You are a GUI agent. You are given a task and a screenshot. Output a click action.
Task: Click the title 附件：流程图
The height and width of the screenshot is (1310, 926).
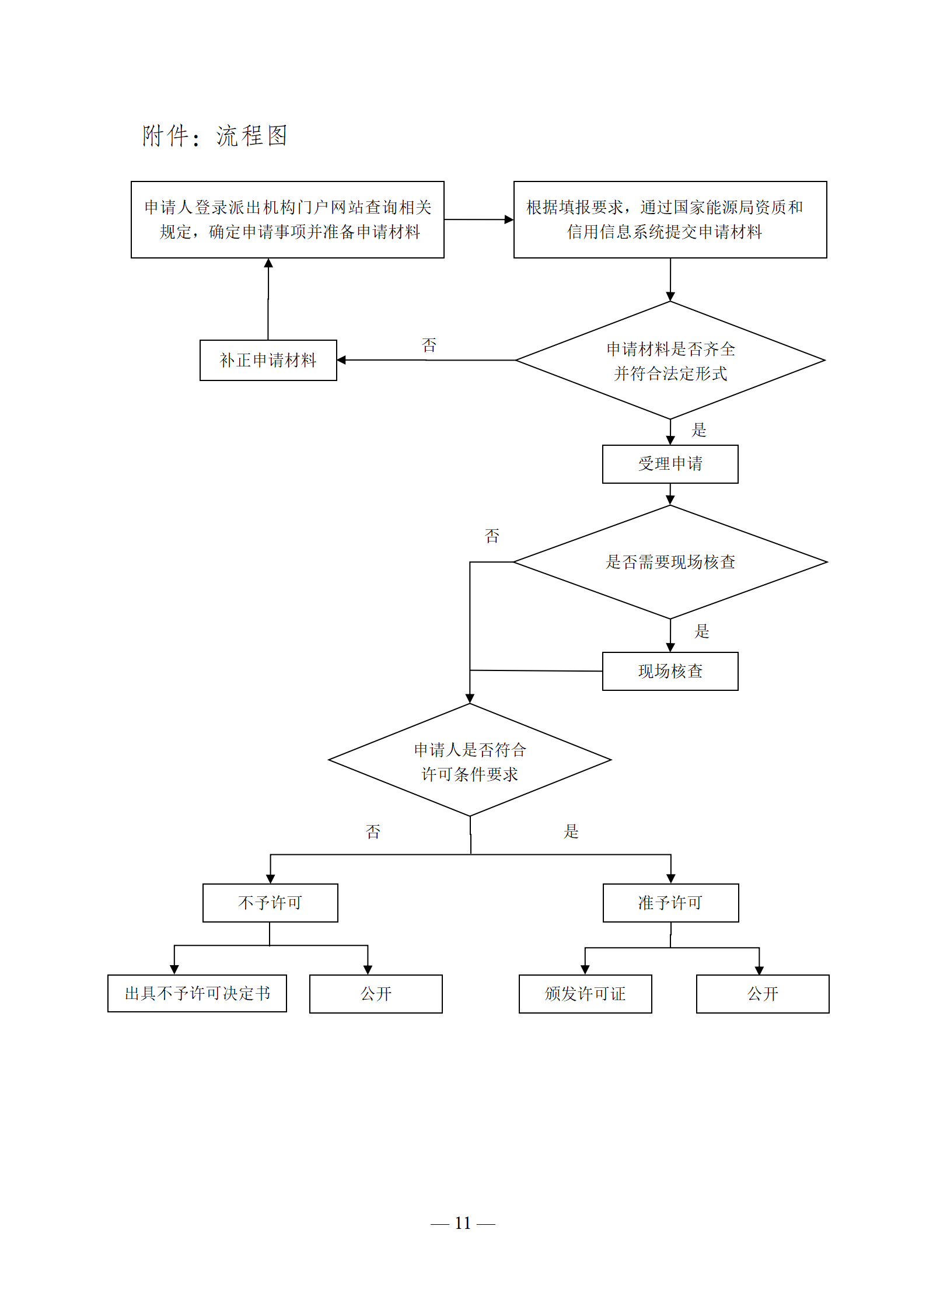(x=215, y=136)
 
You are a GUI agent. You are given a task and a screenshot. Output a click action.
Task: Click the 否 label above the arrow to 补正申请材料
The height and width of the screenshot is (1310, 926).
(x=429, y=345)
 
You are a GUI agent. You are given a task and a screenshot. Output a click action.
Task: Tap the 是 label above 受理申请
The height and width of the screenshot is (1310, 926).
(x=699, y=430)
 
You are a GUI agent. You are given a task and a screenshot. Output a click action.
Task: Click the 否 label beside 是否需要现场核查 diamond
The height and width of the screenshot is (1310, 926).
(x=492, y=536)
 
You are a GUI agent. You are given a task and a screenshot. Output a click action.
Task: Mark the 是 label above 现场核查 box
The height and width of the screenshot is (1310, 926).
(x=702, y=631)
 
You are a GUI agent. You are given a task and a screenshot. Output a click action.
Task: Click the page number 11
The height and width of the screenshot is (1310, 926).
(x=463, y=1222)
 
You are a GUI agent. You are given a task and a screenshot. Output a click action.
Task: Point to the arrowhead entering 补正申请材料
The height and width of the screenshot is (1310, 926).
(x=341, y=360)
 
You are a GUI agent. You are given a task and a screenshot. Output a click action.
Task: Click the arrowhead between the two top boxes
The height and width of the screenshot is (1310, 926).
(x=509, y=219)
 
